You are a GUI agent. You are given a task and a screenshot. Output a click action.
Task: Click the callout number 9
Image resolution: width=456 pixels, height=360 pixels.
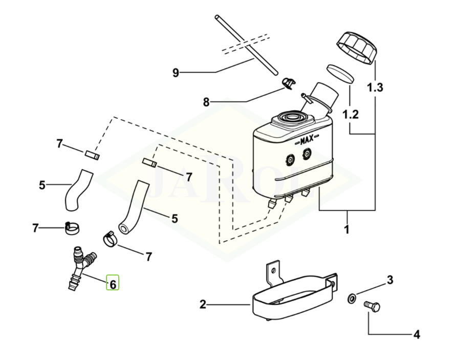176,73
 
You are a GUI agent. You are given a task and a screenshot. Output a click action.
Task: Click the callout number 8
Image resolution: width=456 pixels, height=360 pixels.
206,102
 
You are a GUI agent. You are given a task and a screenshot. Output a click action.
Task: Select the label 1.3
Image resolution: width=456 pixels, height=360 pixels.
375,88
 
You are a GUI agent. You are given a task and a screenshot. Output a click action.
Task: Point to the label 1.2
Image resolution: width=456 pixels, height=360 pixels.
351,114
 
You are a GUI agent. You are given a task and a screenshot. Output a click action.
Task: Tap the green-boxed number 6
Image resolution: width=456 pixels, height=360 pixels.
113,283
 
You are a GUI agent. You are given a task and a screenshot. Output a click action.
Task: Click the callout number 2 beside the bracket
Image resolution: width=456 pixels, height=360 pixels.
203,305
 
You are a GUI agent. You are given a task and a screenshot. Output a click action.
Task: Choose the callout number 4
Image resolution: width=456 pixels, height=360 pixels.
417,335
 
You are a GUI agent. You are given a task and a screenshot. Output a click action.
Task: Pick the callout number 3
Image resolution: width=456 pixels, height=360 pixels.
390,280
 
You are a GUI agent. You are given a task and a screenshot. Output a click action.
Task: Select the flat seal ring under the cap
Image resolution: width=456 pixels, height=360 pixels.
339,73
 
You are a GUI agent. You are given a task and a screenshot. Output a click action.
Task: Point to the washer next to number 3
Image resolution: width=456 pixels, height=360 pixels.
351,297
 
